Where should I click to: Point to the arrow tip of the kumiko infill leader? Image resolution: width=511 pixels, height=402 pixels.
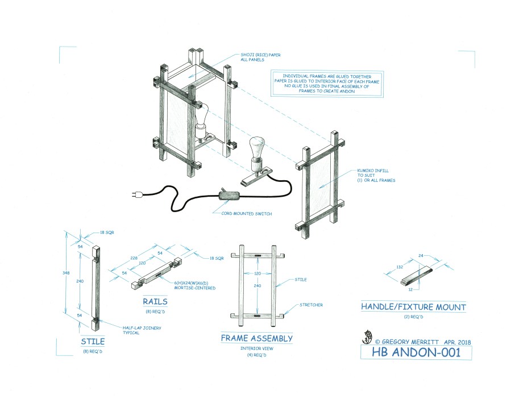319,188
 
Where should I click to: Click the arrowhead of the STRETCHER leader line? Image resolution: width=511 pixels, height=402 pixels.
284,315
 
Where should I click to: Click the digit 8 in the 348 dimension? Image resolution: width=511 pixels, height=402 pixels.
68,273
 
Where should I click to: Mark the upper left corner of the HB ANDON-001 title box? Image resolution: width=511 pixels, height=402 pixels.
360,345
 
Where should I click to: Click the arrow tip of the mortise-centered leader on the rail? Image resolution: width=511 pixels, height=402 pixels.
160,276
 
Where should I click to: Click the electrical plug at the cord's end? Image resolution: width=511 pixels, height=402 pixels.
136,195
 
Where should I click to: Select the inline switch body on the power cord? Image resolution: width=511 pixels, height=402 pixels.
230,196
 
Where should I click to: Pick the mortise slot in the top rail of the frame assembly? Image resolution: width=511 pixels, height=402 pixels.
257,255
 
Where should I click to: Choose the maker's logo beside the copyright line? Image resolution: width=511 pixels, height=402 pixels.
367,337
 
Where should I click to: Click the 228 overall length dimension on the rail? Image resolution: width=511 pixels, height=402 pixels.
134,258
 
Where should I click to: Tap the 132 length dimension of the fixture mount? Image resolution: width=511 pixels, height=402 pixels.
400,267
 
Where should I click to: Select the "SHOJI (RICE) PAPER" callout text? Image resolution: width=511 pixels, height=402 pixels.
260,55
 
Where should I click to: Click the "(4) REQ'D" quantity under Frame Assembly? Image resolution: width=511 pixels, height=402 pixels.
257,355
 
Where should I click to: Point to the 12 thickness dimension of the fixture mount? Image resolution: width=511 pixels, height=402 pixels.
410,289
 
